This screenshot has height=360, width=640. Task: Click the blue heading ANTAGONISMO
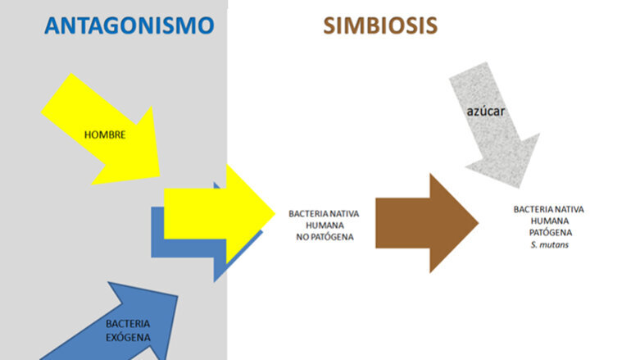click(x=129, y=25)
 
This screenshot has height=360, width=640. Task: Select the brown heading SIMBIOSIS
click(x=380, y=25)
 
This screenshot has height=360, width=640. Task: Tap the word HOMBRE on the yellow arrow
click(x=105, y=134)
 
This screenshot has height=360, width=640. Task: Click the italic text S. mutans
click(x=548, y=244)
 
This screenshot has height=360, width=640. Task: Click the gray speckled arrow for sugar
click(x=496, y=123)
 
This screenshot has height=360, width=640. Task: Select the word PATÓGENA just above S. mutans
click(x=548, y=232)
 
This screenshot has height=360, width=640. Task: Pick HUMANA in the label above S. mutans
click(x=548, y=221)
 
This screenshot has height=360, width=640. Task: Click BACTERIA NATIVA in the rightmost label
click(x=548, y=209)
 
